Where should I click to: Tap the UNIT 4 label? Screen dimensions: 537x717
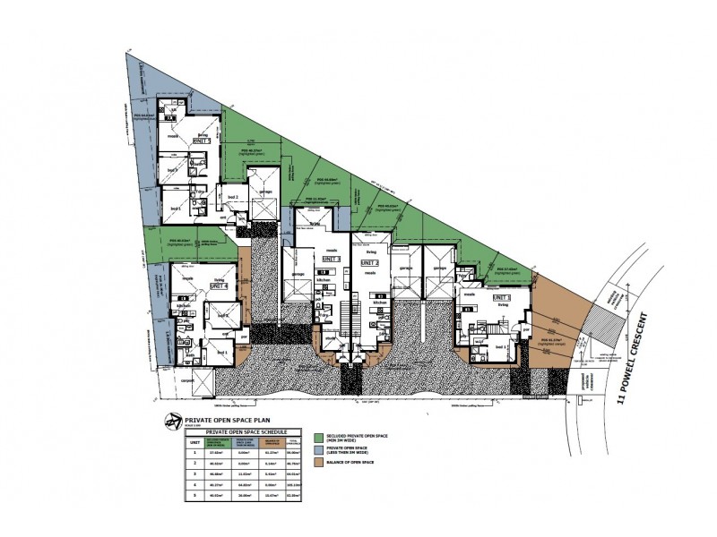219,286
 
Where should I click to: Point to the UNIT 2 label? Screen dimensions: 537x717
371,263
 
